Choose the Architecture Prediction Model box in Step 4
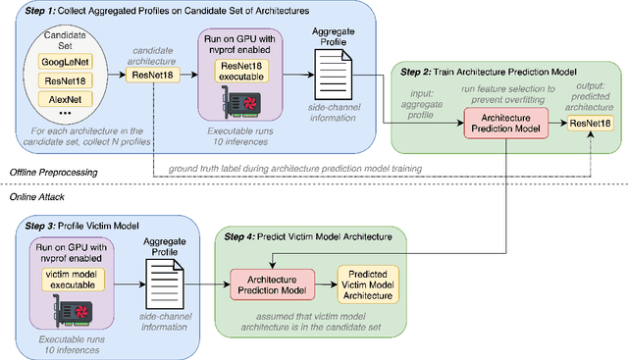click(269, 280)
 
